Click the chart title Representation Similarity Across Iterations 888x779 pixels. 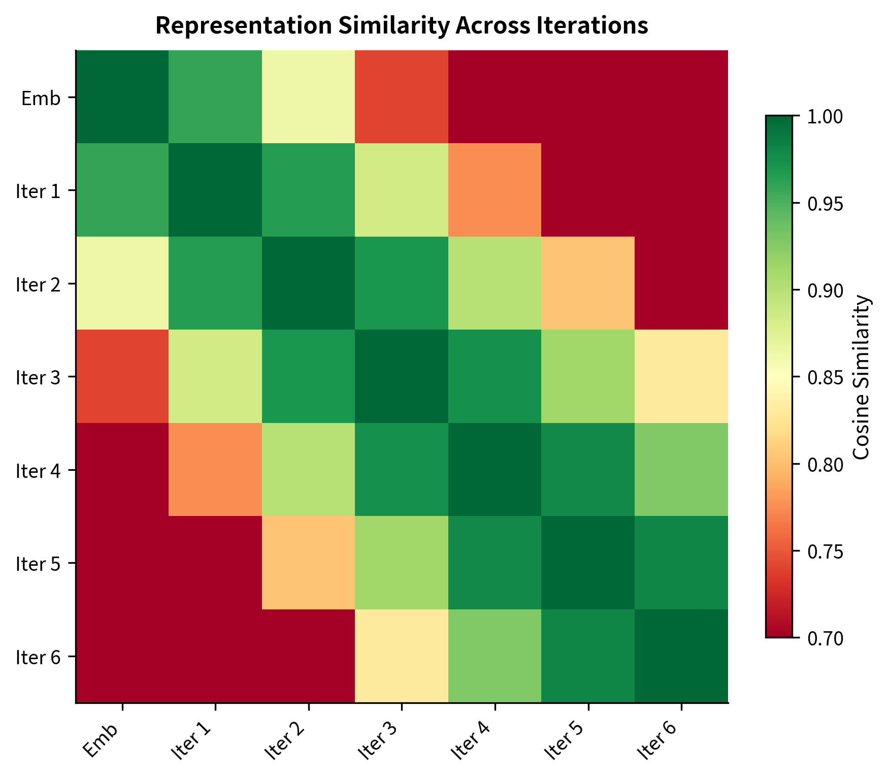402,26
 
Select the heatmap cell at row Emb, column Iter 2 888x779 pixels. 308,97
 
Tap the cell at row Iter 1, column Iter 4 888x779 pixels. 495,190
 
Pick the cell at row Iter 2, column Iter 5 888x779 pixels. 588,283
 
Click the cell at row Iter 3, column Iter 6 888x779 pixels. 681,376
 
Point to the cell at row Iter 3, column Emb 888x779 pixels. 122,376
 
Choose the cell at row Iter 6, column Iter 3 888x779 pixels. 402,656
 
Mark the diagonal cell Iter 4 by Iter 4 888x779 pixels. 495,470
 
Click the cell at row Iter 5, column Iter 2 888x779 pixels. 308,563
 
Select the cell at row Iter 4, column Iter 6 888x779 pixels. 681,470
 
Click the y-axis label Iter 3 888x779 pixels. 39,377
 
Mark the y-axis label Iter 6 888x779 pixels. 39,657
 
